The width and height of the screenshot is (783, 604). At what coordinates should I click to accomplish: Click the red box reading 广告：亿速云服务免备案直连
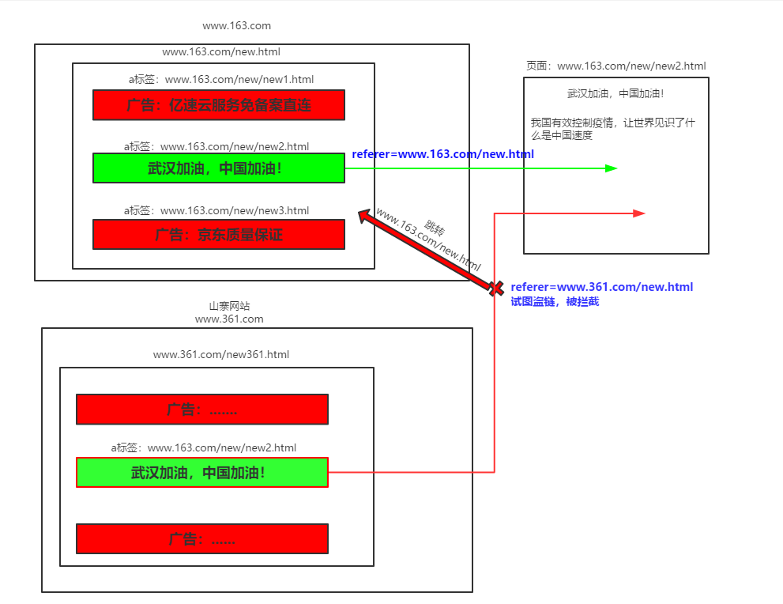click(219, 105)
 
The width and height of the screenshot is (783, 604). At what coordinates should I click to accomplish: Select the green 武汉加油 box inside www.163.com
click(219, 168)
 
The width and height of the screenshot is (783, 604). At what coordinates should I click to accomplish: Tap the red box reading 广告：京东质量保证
click(219, 235)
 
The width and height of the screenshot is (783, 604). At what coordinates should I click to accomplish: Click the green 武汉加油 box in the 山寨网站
click(201, 473)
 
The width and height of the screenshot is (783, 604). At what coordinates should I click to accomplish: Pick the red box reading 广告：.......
click(201, 410)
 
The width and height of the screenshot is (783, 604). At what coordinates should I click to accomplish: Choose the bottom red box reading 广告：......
click(201, 539)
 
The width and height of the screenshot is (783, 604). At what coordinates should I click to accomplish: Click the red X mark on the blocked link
click(496, 288)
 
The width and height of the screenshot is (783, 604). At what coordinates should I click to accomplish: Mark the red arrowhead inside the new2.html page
click(639, 213)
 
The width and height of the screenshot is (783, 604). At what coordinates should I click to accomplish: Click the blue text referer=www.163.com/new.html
click(442, 154)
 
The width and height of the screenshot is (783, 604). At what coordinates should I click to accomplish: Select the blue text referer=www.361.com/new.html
click(601, 287)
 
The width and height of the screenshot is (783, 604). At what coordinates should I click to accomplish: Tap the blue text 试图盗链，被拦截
click(555, 302)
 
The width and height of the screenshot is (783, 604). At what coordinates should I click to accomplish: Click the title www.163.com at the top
click(236, 26)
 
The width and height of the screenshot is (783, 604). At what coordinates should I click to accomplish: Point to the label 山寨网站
click(229, 306)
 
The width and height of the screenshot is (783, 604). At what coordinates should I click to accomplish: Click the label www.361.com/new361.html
click(221, 354)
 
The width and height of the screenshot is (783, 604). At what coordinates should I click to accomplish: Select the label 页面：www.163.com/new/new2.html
click(615, 66)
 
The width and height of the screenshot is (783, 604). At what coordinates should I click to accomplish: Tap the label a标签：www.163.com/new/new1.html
click(221, 79)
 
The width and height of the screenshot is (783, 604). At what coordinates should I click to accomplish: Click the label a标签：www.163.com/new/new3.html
click(216, 210)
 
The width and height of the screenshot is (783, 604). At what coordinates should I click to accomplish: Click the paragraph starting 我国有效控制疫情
click(612, 129)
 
